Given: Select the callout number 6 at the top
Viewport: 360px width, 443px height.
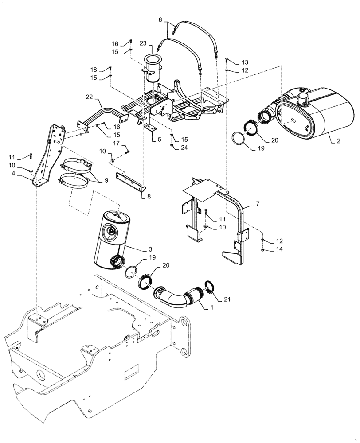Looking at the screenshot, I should click(160, 19).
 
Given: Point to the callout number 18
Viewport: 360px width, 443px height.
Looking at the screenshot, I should click(94, 70).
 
